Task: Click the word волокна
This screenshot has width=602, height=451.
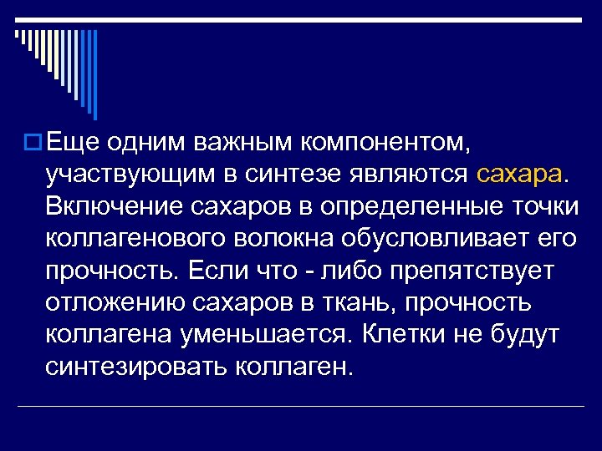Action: point(283,238)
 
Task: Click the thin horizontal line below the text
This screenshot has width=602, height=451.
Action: point(301,407)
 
